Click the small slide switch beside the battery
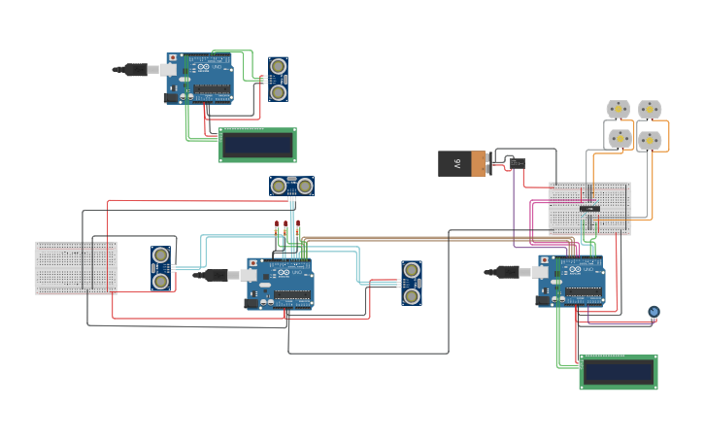click(x=517, y=162)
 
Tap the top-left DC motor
click(x=619, y=109)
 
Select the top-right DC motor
click(x=650, y=109)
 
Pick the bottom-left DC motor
click(x=620, y=139)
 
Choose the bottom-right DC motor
click(x=650, y=140)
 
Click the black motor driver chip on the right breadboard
click(x=589, y=209)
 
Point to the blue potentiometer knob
click(x=654, y=312)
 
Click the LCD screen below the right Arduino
click(x=618, y=372)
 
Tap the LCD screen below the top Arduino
click(x=257, y=145)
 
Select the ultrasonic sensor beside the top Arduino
click(x=279, y=79)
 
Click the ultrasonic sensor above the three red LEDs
click(x=291, y=186)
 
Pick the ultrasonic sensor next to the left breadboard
click(x=161, y=268)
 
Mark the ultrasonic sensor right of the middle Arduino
click(x=412, y=282)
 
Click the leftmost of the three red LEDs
click(x=277, y=227)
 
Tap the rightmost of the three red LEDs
click(x=298, y=227)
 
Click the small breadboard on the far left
click(x=76, y=267)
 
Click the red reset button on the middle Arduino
click(x=253, y=263)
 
